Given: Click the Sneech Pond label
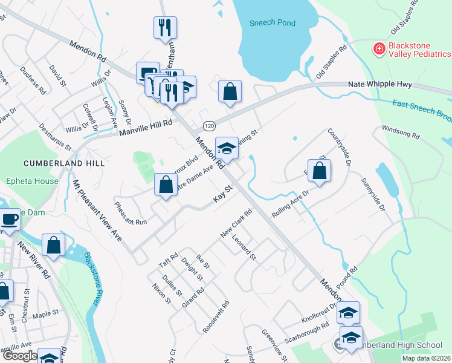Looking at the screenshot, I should [273, 23].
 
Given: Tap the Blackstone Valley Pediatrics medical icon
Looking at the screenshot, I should [379, 48].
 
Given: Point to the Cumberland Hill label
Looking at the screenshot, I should [64, 163].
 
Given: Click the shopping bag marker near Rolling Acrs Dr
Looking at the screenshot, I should [320, 171].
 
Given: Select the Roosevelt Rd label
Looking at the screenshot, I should [216, 316].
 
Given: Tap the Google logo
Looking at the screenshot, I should [19, 356].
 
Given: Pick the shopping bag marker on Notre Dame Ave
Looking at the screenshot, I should [166, 185].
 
